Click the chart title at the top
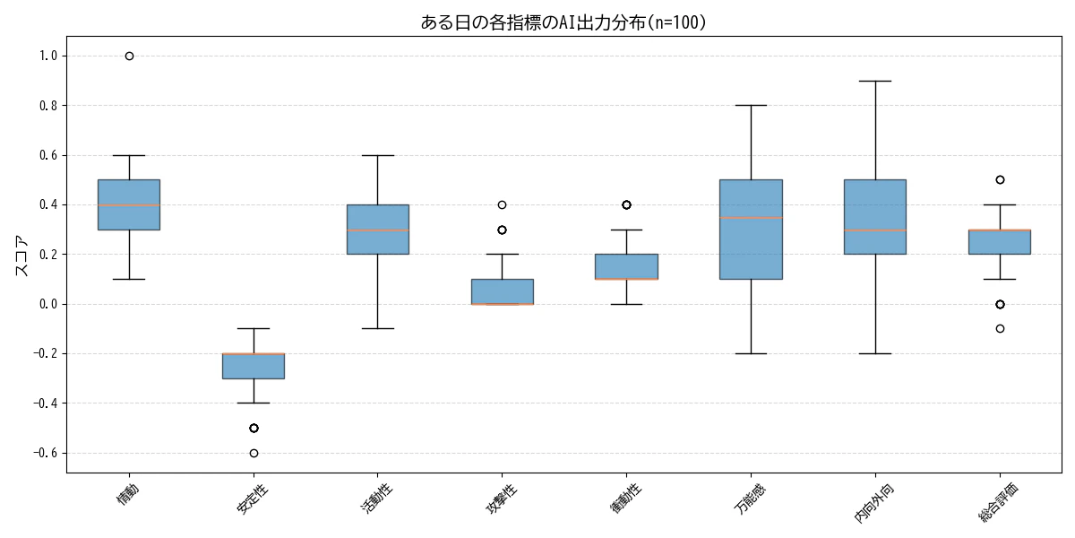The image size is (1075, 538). point(563,22)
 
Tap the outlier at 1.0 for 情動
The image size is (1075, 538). point(129,56)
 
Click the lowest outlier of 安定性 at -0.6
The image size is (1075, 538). point(254,453)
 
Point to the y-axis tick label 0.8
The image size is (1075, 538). point(47,106)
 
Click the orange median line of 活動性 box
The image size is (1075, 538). point(378,230)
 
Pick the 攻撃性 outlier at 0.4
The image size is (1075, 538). point(502,204)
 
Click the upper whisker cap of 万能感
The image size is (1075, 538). point(751,106)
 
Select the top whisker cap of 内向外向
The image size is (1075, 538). point(875,81)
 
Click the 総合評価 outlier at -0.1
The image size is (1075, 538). point(1000,328)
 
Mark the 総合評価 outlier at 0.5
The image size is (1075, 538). point(1000,179)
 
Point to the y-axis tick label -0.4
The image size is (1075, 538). point(44,403)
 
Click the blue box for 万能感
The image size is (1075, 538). point(751,251)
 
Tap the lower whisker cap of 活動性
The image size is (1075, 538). point(378,328)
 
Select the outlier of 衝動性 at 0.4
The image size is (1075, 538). point(626,204)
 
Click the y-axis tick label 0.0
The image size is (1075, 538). point(47,304)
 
